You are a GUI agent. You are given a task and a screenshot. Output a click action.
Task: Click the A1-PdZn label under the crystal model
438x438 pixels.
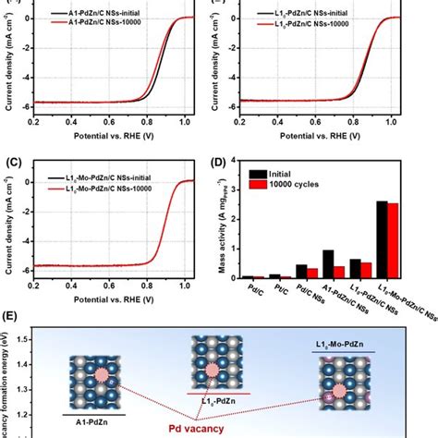pyautogui.click(x=83, y=415)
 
